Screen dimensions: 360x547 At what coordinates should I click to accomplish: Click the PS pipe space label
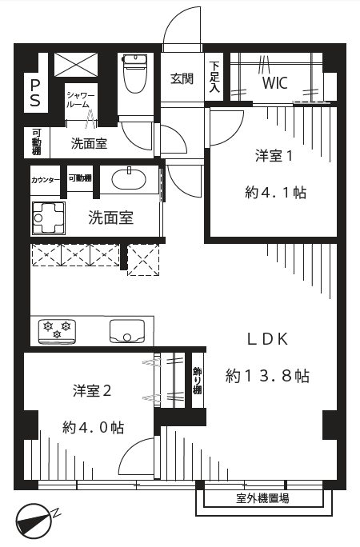pos(35,93)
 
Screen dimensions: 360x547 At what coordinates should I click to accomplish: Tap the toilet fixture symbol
pos(136,74)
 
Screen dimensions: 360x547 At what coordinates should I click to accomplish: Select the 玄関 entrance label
pos(182,79)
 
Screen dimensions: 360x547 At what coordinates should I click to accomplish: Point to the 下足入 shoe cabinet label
pos(214,77)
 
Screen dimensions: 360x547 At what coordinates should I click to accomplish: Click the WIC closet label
pos(275,83)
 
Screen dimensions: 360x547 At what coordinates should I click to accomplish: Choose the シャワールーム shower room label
pos(81,99)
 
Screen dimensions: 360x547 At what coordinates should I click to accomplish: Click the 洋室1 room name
pos(274,156)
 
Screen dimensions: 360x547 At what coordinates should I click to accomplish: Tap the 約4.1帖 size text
pos(275,192)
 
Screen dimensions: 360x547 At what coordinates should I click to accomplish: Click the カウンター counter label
pos(46,181)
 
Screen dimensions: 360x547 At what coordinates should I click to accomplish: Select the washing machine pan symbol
pos(49,218)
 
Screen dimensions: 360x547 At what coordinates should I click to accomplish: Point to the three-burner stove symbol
pos(57,330)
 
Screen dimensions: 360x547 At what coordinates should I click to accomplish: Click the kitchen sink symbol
pos(127,331)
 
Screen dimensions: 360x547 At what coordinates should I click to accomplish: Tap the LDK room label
pos(268,339)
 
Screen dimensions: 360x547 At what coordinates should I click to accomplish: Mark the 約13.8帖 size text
pos(267,376)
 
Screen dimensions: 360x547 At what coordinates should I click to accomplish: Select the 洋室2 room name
pos(92,391)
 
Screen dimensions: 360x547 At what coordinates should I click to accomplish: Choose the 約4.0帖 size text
pos(93,427)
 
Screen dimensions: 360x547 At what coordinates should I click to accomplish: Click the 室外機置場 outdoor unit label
pos(262,498)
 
